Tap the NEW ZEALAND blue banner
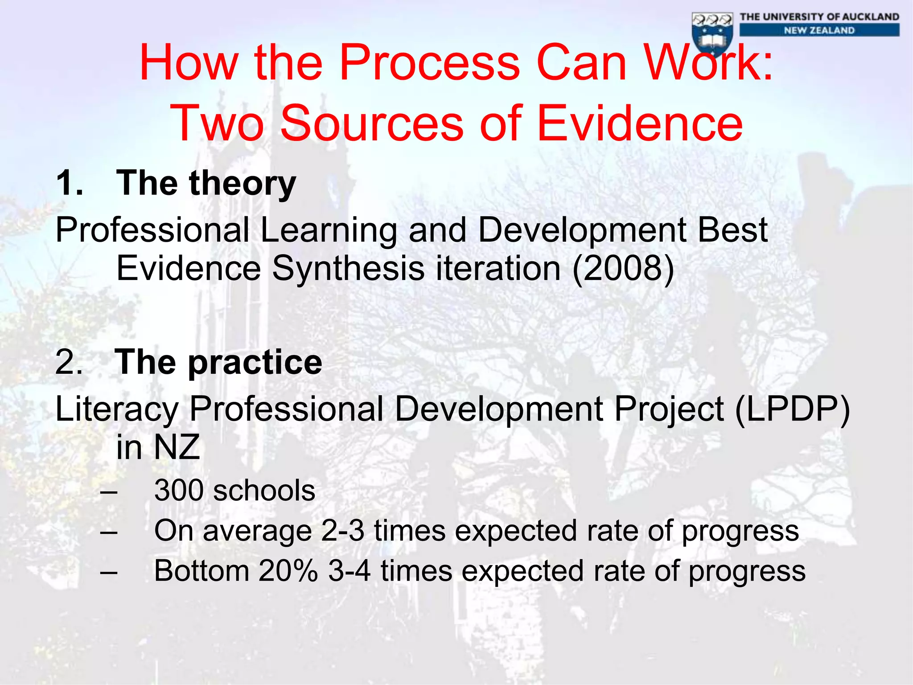[819, 30]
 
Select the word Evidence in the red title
[640, 123]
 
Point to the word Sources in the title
[372, 123]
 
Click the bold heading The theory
[206, 183]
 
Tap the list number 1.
[70, 183]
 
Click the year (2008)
[623, 268]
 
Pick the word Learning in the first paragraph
[329, 230]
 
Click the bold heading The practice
[218, 362]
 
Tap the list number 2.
[69, 362]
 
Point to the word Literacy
[117, 409]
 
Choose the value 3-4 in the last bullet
[349, 571]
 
